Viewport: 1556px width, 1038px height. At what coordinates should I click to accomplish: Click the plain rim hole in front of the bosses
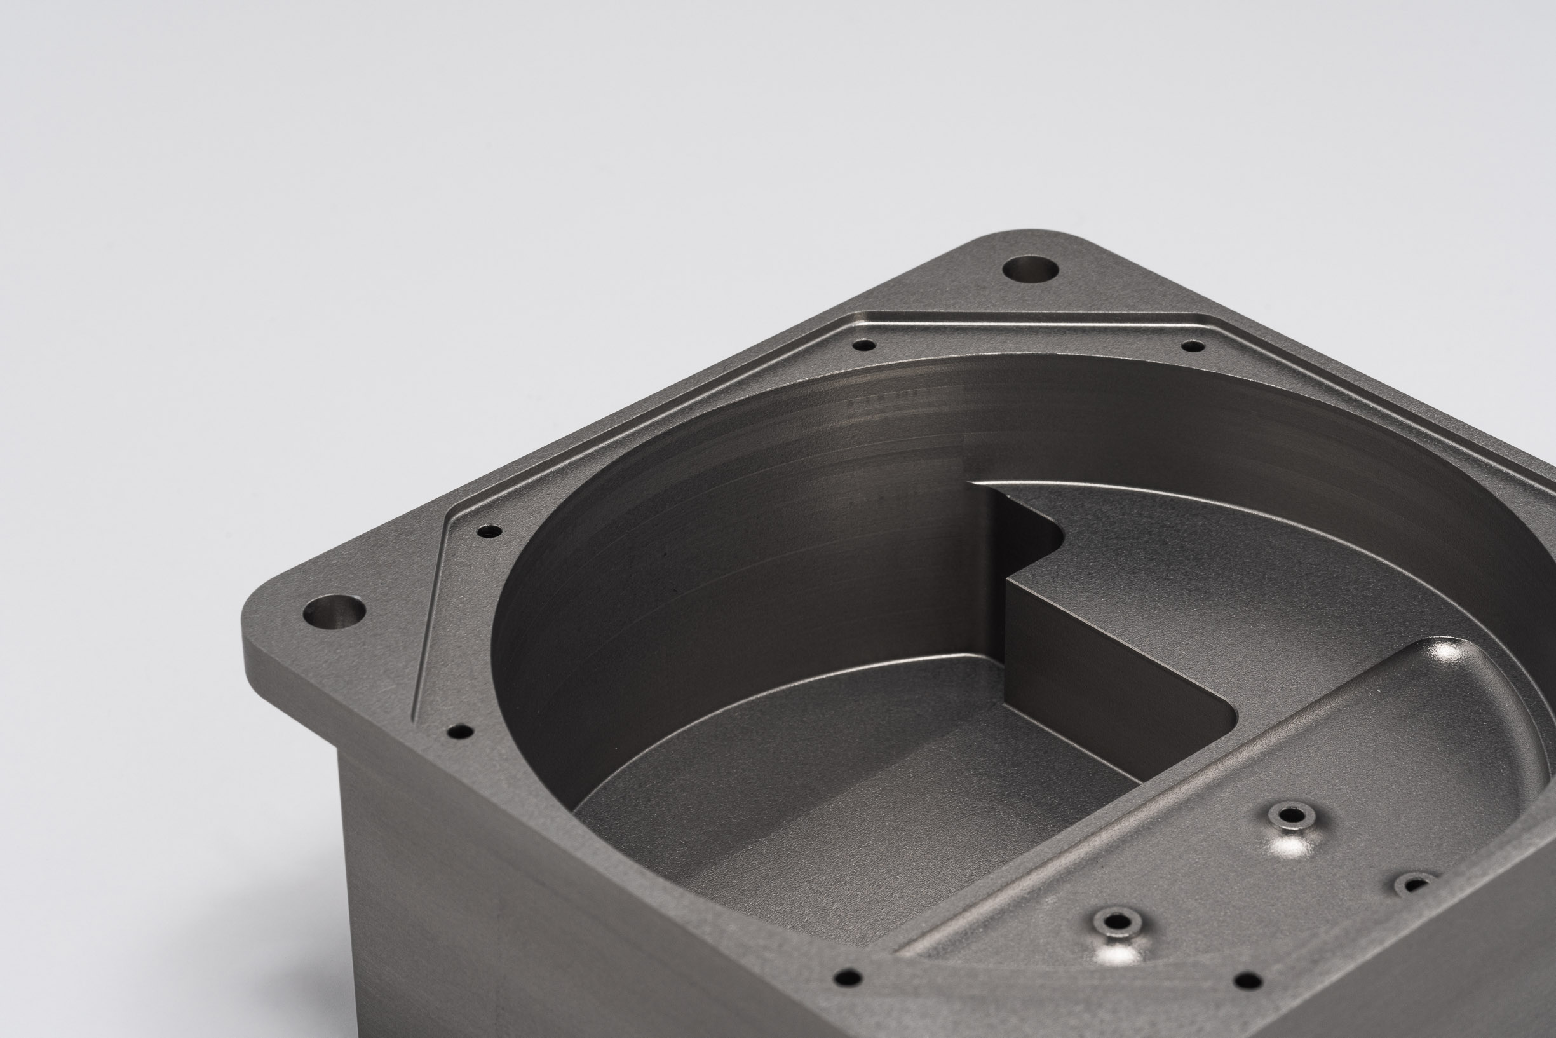pos(1248,980)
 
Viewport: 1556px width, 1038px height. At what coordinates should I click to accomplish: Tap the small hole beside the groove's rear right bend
pos(1193,346)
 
